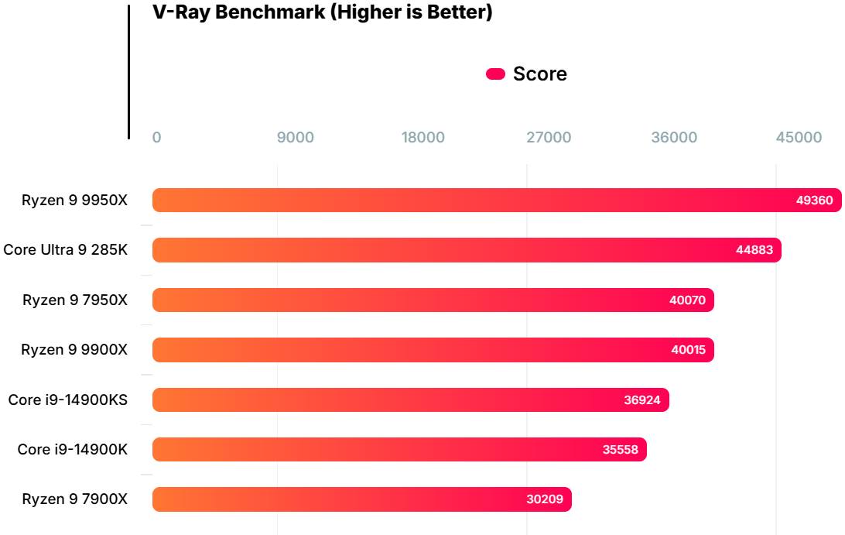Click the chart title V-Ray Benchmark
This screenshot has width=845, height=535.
point(323,12)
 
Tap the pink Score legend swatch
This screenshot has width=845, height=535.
point(495,74)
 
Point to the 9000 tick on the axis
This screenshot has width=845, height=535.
point(296,138)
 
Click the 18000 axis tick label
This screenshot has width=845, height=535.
point(423,138)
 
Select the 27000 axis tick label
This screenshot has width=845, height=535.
point(549,138)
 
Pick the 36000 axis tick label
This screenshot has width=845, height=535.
point(674,138)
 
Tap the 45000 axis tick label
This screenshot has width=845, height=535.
point(799,138)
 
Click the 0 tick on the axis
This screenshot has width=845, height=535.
point(156,138)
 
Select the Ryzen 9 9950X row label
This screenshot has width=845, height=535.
point(74,200)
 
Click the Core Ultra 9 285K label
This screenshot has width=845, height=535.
point(65,250)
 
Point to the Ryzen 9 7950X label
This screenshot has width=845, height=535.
point(75,300)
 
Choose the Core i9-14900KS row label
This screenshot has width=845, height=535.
point(68,400)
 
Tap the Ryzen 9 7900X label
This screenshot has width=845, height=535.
point(75,499)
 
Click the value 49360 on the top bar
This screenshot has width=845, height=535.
point(814,201)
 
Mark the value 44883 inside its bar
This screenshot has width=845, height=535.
point(754,250)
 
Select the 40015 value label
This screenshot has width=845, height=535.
point(688,350)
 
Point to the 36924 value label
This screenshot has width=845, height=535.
point(642,400)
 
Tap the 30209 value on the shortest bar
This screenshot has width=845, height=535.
point(545,499)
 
